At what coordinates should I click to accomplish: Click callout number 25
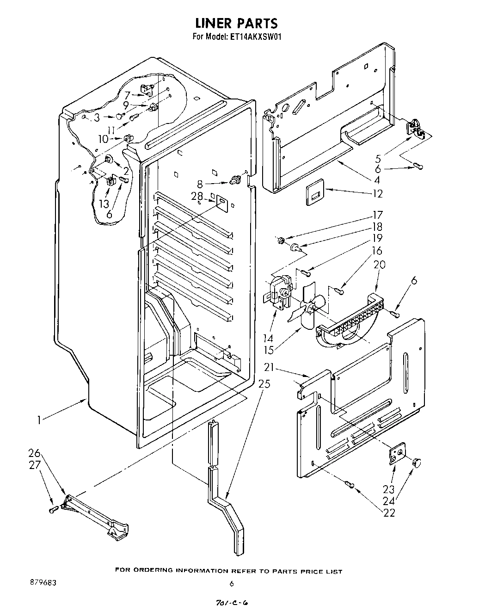(x=264, y=383)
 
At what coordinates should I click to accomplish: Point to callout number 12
(x=378, y=194)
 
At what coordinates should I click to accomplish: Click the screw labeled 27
(x=53, y=509)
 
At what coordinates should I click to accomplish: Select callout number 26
(x=35, y=453)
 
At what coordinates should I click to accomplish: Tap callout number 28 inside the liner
(x=197, y=196)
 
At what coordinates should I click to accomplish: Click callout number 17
(x=378, y=215)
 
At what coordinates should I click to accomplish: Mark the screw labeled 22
(x=350, y=485)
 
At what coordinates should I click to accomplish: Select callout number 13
(x=104, y=204)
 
